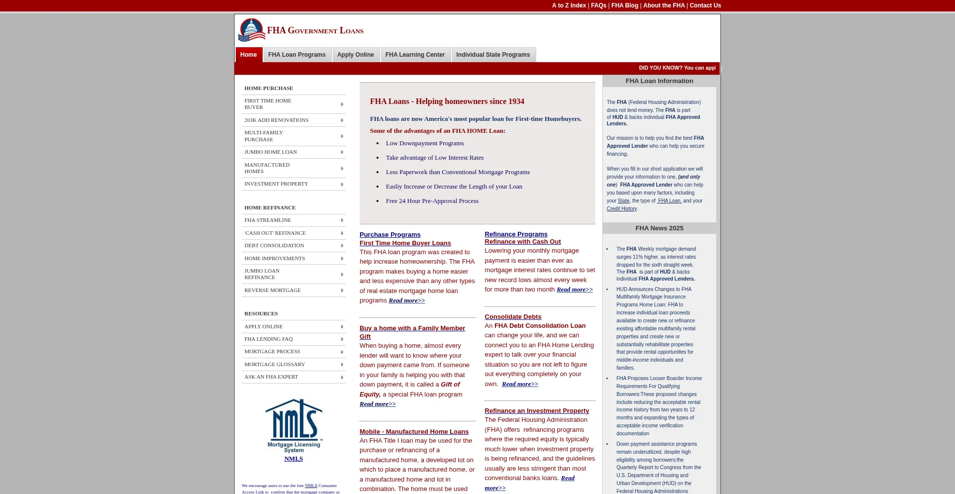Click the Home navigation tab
[248, 55]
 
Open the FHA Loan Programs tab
[296, 55]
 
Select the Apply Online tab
[355, 55]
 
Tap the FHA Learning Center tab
[415, 55]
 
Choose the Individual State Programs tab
[493, 55]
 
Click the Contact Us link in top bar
[705, 5]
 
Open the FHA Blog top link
[624, 5]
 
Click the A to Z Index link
[569, 5]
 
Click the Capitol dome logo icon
[252, 30]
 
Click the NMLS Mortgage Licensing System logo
[294, 425]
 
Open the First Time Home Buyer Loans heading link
[405, 243]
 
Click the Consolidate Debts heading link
[513, 317]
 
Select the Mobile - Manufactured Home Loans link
[414, 432]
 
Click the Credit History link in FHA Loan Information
[621, 209]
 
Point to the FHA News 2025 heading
[659, 228]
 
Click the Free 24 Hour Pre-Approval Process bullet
[432, 201]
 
